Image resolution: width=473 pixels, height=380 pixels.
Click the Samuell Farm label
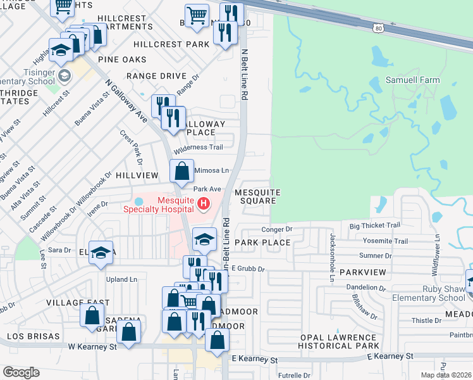coord(413,80)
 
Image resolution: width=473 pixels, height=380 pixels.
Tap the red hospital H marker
coord(204,203)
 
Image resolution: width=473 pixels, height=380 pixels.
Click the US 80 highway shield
coord(378,28)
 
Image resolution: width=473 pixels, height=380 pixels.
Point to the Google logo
coord(21,372)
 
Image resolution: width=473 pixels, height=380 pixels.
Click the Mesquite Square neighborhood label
coord(255,196)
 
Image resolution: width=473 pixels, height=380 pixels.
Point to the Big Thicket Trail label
coord(375,225)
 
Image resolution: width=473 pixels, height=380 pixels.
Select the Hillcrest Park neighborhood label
coord(171,44)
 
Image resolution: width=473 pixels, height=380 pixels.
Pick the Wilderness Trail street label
coord(199,148)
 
